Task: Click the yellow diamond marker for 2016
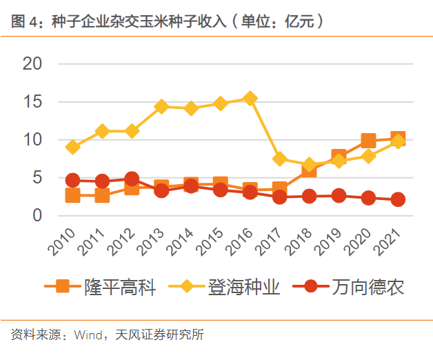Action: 250,98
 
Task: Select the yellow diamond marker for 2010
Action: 72,147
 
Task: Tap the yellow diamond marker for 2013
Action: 161,106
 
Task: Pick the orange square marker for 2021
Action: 398,139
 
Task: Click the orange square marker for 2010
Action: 72,195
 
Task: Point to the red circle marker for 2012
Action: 132,179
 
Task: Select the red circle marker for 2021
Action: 398,199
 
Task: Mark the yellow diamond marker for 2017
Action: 280,159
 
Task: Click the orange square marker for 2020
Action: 368,141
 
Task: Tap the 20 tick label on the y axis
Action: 32,64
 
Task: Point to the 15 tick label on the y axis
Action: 32,102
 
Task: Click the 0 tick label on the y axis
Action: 38,216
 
